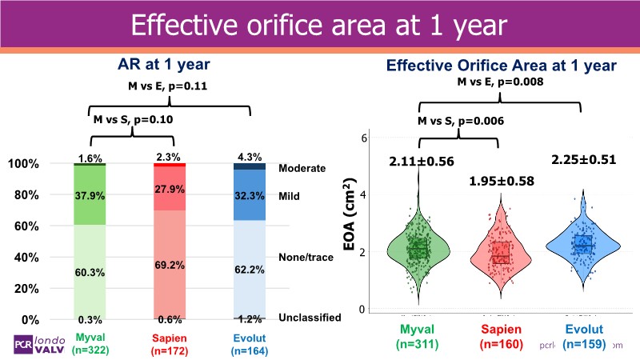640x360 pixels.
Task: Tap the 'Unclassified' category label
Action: click(310, 318)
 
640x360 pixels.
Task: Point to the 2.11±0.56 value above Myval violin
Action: click(422, 162)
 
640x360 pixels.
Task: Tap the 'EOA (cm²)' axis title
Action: click(350, 224)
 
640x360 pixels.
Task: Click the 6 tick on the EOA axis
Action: click(363, 138)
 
